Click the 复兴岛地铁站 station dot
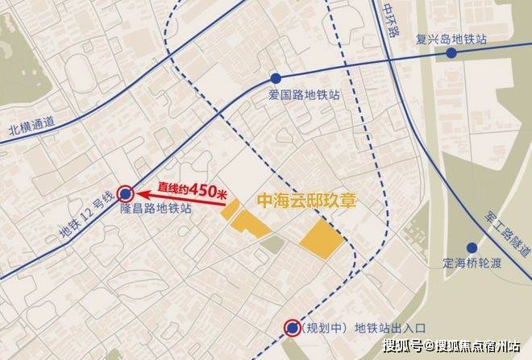pyautogui.click(x=451, y=53)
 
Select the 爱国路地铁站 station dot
pyautogui.click(x=276, y=79)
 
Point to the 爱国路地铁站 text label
pyautogui.click(x=304, y=95)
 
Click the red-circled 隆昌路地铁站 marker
pyautogui.click(x=126, y=192)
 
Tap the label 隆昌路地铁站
pyautogui.click(x=156, y=209)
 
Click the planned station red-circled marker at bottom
pyautogui.click(x=291, y=326)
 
